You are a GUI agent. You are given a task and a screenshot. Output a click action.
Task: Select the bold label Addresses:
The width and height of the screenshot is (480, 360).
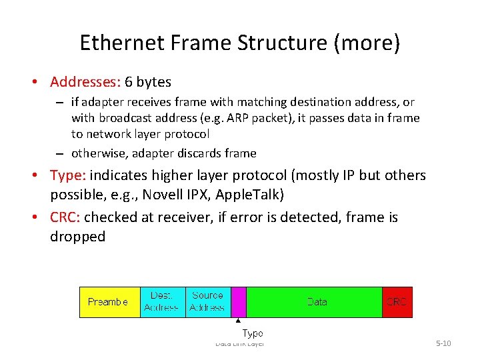pyautogui.click(x=85, y=82)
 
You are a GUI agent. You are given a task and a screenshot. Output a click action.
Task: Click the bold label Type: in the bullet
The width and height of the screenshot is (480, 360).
pyautogui.click(x=68, y=175)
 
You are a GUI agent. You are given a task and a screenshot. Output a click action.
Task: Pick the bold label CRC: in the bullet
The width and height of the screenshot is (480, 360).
pyautogui.click(x=66, y=217)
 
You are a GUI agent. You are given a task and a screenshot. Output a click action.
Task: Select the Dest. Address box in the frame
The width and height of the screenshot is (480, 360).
pyautogui.click(x=161, y=302)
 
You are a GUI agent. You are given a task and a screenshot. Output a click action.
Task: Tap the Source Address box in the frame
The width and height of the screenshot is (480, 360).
pyautogui.click(x=207, y=302)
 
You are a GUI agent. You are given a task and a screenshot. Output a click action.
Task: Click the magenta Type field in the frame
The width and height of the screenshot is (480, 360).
pyautogui.click(x=239, y=302)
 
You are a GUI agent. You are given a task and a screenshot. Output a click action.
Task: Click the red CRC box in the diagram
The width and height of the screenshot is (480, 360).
pyautogui.click(x=397, y=302)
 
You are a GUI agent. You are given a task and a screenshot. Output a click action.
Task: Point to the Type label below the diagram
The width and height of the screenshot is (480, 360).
pyautogui.click(x=252, y=333)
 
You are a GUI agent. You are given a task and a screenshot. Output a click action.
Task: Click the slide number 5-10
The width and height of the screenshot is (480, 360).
pyautogui.click(x=443, y=343)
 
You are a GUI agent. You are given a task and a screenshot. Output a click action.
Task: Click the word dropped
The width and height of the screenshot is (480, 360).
pyautogui.click(x=77, y=237)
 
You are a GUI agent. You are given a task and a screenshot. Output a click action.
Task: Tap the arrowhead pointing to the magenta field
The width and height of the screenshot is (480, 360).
pyautogui.click(x=238, y=321)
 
